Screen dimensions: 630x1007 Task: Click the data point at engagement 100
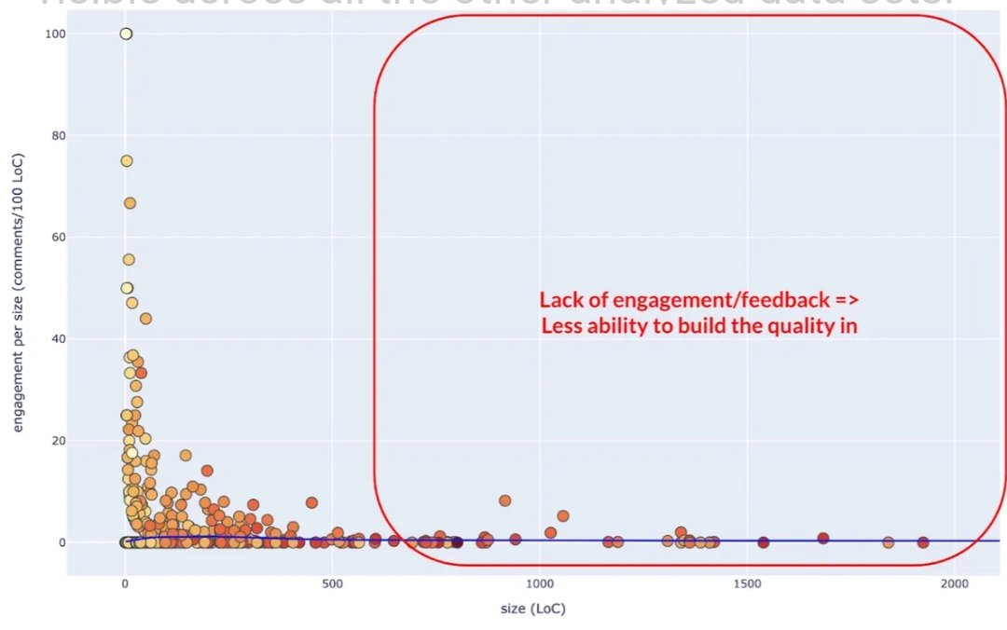[x=126, y=34]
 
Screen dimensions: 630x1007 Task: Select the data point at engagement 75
[x=126, y=160]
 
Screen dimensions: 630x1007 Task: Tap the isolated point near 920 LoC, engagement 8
[x=505, y=500]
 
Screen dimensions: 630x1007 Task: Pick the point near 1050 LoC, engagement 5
[x=563, y=515]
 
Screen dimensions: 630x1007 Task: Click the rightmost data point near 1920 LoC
[x=923, y=542]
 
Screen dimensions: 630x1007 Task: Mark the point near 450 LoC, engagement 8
[x=311, y=502]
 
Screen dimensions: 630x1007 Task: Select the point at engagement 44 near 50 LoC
[x=145, y=319]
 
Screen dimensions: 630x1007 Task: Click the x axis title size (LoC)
[x=536, y=609]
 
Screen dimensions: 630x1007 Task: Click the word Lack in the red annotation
[x=559, y=300]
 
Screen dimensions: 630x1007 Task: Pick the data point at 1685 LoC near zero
[x=823, y=538]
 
